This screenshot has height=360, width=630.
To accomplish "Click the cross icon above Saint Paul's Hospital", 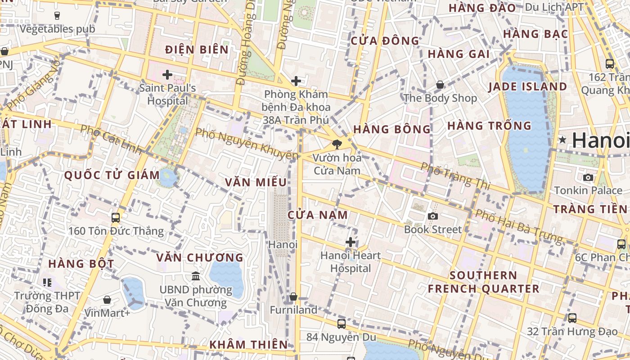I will [167, 75].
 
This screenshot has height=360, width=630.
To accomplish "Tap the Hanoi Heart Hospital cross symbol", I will [351, 243].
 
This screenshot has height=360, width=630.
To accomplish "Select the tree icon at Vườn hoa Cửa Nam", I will [336, 144].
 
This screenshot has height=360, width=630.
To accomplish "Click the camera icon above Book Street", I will [433, 216].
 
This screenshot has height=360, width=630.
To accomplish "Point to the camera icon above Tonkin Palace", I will [588, 177].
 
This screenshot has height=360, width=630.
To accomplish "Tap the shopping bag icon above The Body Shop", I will [440, 85].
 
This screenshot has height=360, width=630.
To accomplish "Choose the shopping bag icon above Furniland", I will [293, 297].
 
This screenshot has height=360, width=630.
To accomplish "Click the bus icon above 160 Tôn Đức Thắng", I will [116, 218].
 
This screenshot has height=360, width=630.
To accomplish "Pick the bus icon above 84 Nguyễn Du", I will [342, 324].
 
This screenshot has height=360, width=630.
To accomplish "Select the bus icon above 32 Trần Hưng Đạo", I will [572, 318].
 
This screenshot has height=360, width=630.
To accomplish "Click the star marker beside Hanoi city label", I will [562, 140].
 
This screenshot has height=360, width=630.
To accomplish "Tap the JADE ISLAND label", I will [528, 86].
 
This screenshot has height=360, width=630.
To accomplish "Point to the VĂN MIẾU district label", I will [256, 182].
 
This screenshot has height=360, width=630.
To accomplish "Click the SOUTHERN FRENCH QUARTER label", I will [483, 282].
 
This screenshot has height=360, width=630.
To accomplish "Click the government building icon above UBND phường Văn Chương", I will [196, 276].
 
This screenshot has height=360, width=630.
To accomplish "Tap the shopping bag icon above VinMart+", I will [107, 300].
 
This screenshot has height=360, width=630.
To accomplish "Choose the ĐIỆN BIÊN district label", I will [197, 49].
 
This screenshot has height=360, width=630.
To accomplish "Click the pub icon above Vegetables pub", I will [57, 16].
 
